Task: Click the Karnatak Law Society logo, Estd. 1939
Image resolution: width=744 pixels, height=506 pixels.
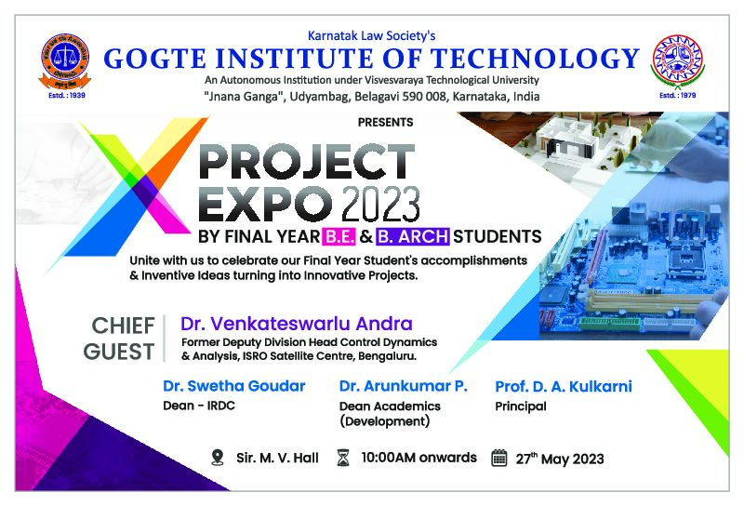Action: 64,60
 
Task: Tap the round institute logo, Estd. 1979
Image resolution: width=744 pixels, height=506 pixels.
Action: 678,60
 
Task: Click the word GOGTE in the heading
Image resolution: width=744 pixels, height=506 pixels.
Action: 154,59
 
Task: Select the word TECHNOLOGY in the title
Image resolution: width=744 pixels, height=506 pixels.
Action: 534,59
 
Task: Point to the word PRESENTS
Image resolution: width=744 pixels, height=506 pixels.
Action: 385,123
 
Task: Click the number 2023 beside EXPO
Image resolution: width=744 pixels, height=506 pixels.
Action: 380,204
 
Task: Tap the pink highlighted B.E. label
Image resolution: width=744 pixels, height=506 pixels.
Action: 339,236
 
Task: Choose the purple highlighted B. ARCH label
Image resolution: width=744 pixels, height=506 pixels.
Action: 413,236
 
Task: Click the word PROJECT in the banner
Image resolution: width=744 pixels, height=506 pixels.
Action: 307,162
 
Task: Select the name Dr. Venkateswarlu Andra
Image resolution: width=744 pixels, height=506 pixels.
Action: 297,324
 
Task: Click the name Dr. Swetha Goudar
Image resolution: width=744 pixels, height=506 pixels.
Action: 234,386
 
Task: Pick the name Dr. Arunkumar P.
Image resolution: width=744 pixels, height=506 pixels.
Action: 404,386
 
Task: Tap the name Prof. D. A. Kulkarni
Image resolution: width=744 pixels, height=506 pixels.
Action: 564,386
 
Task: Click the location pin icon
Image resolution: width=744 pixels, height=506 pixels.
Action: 218,458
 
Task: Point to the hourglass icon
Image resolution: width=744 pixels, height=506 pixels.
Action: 343,458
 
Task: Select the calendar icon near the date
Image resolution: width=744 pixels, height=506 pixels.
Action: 499,458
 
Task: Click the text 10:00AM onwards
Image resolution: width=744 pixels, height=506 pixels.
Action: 419,458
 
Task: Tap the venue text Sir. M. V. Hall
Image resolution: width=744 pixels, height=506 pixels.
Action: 277,458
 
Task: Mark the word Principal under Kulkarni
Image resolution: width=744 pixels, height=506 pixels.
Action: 521,406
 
